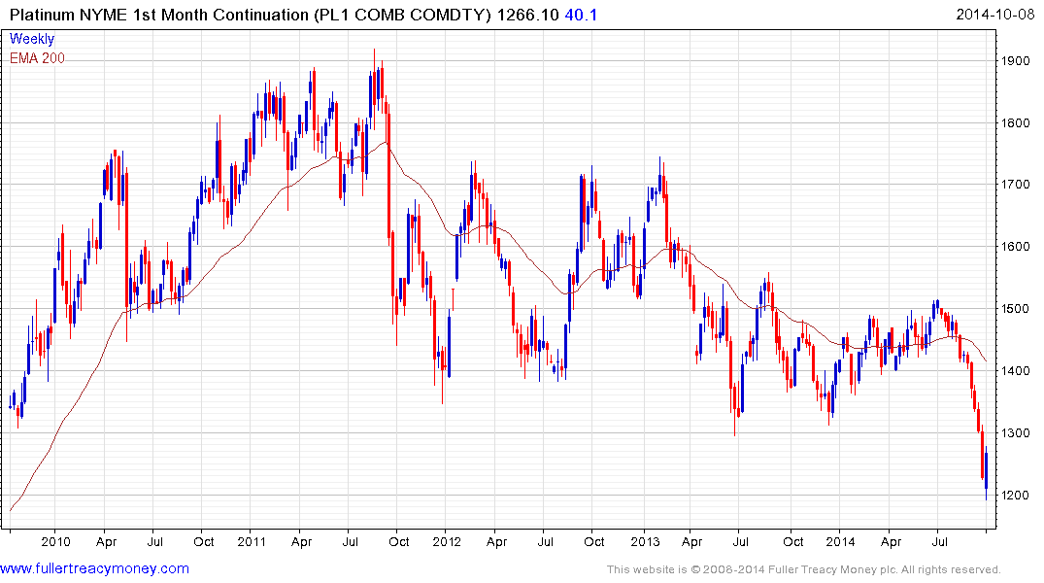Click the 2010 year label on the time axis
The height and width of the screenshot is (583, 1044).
(x=55, y=541)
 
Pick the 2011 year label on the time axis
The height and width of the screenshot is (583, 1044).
(x=252, y=541)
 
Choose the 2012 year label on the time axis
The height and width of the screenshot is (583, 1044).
(x=446, y=541)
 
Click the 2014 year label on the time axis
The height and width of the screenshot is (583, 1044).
(x=840, y=541)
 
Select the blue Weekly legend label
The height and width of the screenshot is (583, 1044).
(x=32, y=39)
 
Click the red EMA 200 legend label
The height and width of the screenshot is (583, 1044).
(x=37, y=57)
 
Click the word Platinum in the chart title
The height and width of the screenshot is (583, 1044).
(x=42, y=14)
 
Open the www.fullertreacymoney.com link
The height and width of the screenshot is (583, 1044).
(x=94, y=568)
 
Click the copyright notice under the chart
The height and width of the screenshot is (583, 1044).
(x=803, y=569)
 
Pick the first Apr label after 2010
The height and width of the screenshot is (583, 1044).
(x=108, y=541)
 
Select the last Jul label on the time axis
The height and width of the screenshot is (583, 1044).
(x=939, y=541)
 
